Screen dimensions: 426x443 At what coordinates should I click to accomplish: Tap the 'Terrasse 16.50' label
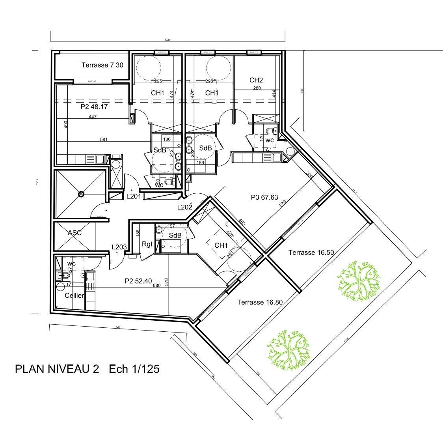coord(311,252)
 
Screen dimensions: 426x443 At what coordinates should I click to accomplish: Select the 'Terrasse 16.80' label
coord(260,302)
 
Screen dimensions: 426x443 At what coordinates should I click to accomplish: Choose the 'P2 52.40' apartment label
coord(138,281)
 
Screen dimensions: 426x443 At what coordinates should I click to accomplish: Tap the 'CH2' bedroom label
coord(256,80)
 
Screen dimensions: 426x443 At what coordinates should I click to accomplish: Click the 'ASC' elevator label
coord(74,233)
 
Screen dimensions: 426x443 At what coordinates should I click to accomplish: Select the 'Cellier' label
coord(74,295)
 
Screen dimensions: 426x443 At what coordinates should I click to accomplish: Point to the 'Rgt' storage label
coord(147,244)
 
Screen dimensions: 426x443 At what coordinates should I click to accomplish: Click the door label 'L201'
coord(134,196)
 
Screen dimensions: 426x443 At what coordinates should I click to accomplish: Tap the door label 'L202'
coord(184,207)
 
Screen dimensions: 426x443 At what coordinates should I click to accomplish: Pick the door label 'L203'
coord(119,247)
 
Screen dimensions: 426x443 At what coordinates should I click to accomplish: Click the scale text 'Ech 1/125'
coord(134,369)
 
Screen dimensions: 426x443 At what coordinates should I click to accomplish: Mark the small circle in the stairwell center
coord(81,194)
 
